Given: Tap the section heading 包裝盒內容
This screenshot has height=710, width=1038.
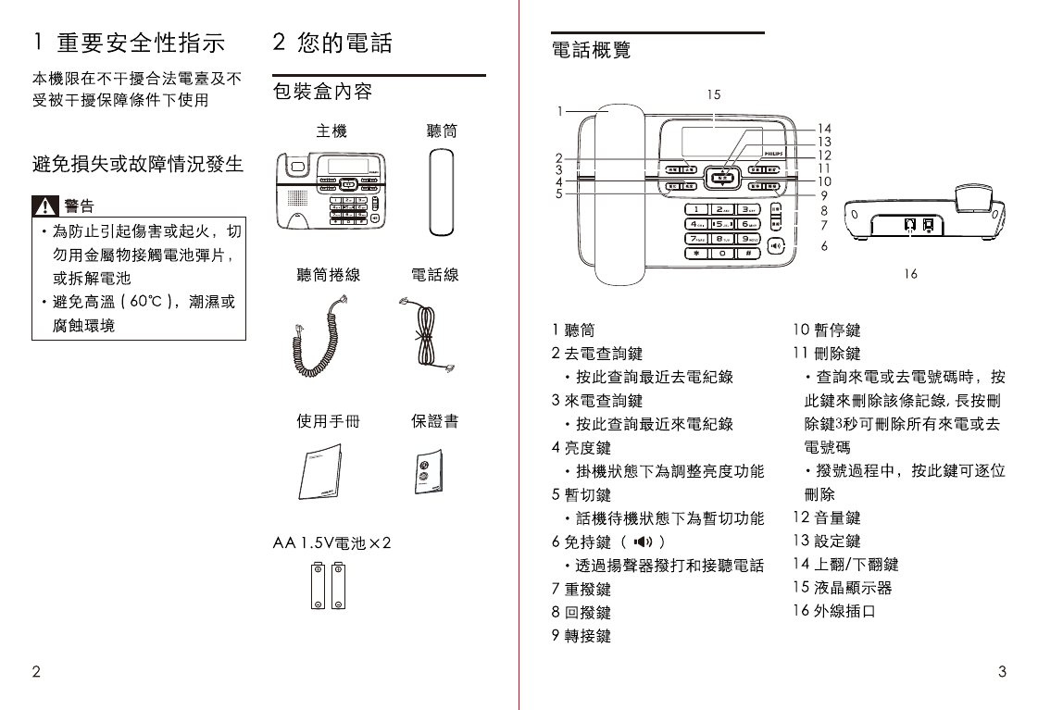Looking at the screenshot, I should coord(322,92).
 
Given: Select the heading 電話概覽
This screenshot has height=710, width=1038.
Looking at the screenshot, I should coord(591,50).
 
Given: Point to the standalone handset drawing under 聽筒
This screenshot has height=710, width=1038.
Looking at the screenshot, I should coord(443,192).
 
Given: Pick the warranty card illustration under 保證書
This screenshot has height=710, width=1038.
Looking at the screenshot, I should coord(428,473).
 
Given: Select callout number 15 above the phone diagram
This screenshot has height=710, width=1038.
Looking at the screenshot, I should coord(713,94).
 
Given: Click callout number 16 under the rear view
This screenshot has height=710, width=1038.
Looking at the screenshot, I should coord(911,274).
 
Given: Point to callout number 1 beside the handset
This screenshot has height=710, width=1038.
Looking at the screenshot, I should coord(559,111).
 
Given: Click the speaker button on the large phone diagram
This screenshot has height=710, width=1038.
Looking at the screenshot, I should coord(776,245).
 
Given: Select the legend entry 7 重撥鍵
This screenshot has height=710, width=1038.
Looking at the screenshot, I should coord(581,589).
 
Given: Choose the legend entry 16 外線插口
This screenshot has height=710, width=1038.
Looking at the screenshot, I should coord(833,612).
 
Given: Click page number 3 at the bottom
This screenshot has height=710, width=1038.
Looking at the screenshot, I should coord(1003,672).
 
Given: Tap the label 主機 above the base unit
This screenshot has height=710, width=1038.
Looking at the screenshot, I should coord(331,131).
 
